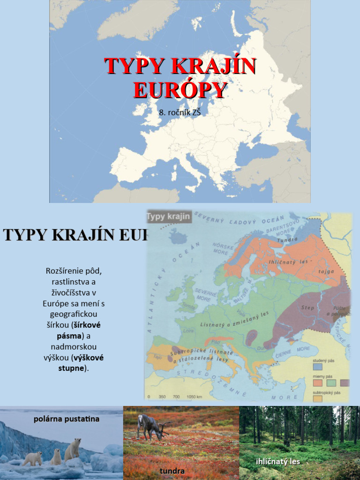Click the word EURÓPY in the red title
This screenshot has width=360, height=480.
click(180, 90)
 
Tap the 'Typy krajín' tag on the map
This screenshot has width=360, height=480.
click(169, 216)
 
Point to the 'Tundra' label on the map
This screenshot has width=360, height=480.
click(287, 240)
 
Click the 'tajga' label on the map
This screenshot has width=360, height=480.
click(326, 271)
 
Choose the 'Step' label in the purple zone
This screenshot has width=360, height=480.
click(307, 307)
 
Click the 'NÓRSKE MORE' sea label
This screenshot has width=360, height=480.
click(223, 248)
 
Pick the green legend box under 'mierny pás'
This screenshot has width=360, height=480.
click(331, 383)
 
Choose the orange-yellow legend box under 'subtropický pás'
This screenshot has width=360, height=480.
click(317, 398)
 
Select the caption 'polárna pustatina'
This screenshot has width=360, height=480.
click(66, 419)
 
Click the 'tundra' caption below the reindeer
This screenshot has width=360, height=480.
click(172, 471)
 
